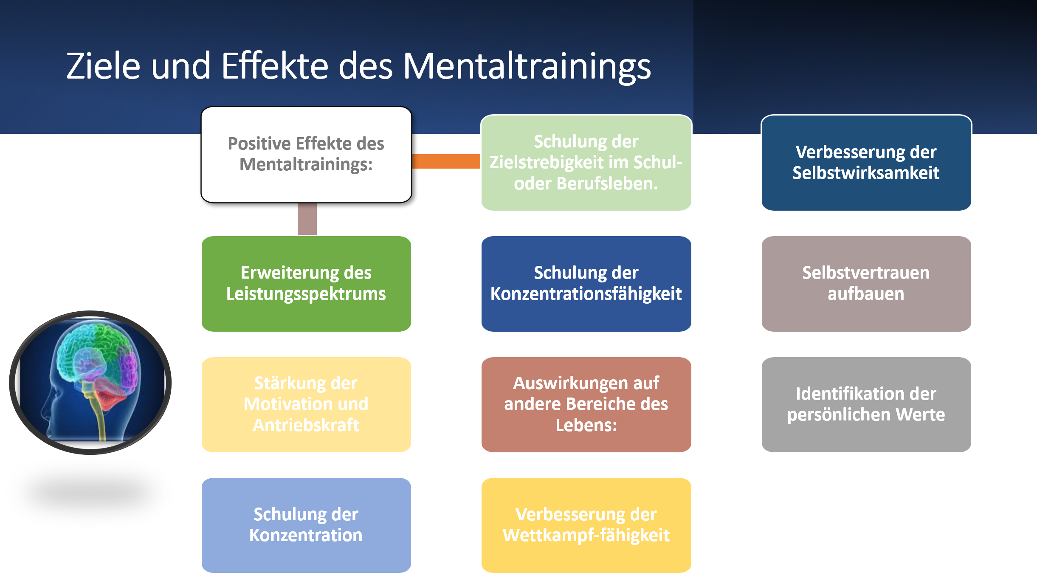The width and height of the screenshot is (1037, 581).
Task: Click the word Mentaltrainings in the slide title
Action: click(527, 67)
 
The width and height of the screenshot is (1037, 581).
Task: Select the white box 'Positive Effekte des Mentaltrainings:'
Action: click(306, 155)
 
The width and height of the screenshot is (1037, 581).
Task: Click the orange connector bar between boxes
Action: click(446, 161)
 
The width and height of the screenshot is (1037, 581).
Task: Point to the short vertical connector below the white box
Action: click(307, 219)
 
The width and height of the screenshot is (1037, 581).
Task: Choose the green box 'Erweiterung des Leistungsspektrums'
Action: click(306, 284)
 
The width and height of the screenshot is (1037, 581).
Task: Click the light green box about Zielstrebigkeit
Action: click(586, 163)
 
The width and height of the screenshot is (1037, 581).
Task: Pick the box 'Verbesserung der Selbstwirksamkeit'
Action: click(866, 163)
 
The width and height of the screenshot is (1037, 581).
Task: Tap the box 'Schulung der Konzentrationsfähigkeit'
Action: click(586, 284)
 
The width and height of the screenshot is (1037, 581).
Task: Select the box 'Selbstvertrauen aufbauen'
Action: click(866, 284)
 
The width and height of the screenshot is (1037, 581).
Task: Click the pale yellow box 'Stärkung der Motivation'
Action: click(306, 405)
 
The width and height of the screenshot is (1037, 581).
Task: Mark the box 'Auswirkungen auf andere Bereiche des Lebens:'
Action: click(586, 405)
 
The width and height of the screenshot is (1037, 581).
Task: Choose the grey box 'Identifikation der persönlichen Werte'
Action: click(866, 405)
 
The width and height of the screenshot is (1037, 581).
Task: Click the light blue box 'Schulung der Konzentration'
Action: click(306, 525)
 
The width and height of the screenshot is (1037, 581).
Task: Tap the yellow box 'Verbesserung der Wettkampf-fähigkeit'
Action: click(586, 525)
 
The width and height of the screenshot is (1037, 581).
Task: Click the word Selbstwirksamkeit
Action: click(866, 173)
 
